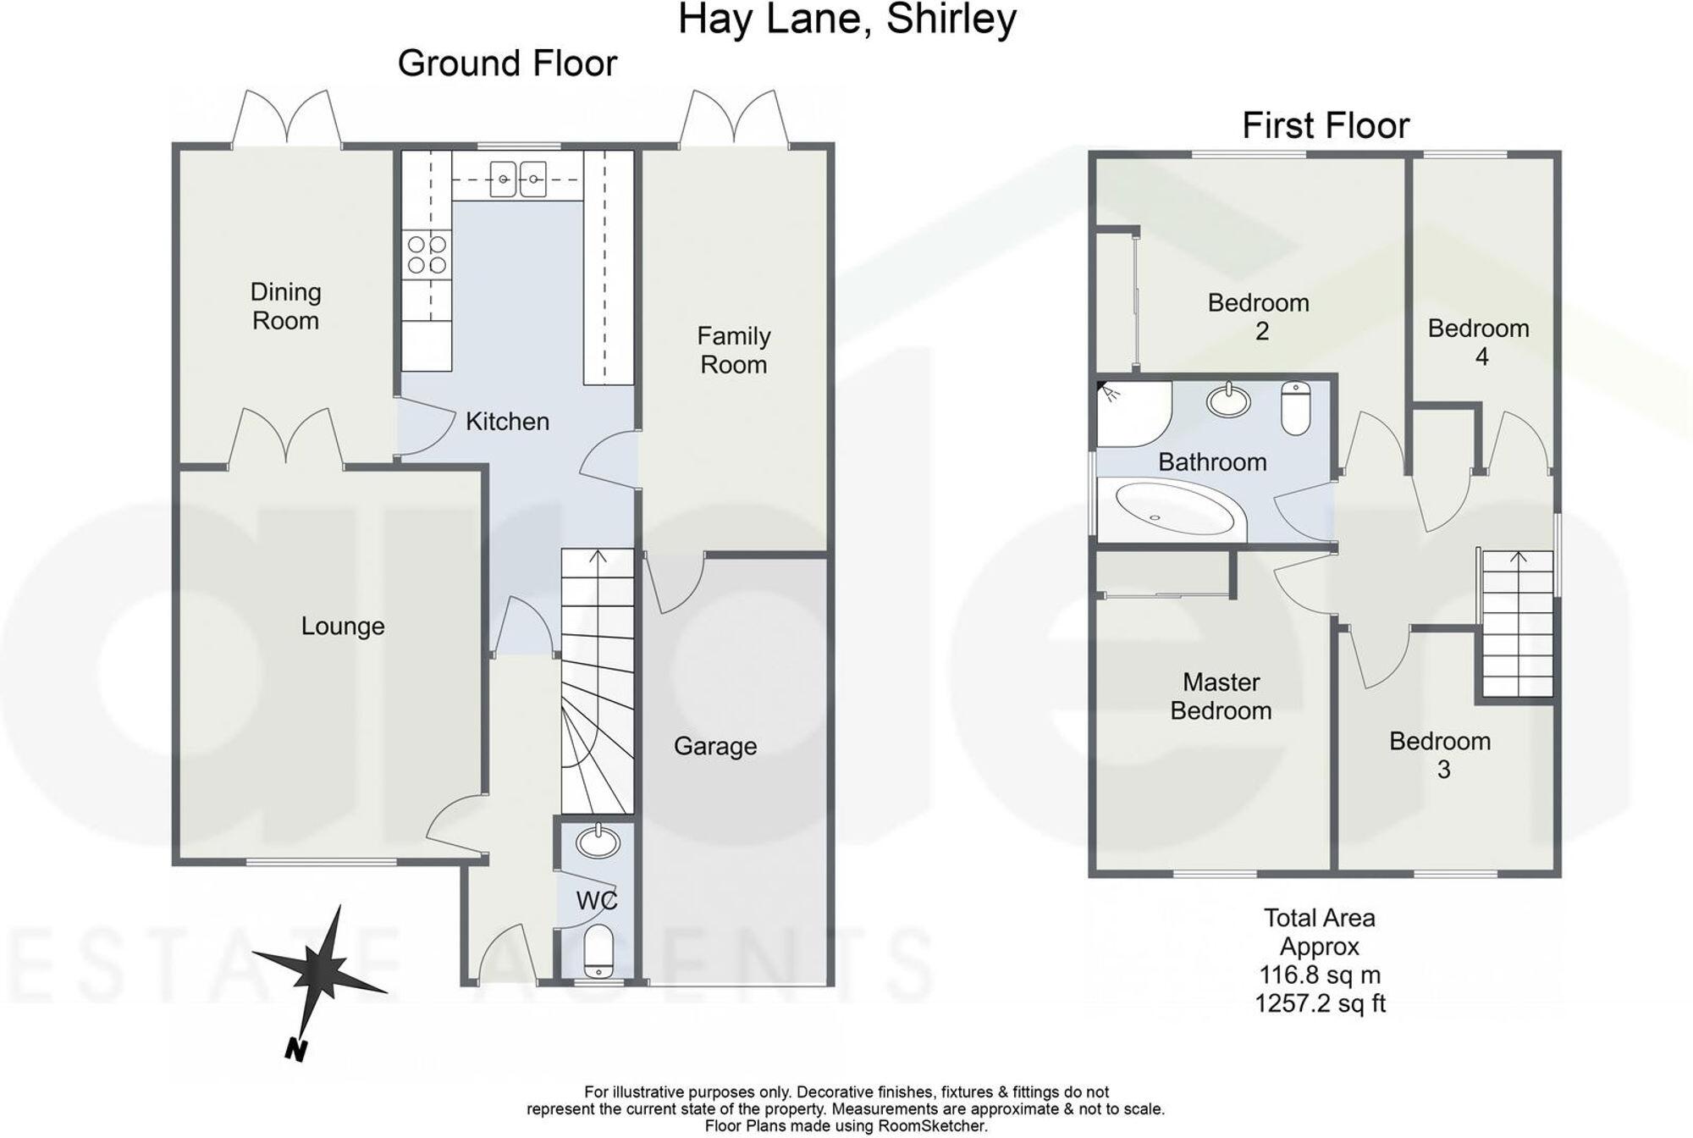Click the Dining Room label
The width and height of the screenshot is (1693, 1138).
click(285, 307)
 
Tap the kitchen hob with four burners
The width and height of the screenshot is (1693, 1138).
click(427, 255)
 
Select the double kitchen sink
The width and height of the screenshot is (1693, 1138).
click(518, 179)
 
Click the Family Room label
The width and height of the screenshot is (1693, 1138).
click(733, 351)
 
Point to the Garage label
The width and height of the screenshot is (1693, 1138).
click(714, 746)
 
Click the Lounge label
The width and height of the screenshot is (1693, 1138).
click(343, 627)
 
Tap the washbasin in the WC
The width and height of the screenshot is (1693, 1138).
click(598, 842)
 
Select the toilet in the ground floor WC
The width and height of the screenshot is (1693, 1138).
click(598, 949)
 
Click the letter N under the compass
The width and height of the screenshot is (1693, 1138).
click(295, 1050)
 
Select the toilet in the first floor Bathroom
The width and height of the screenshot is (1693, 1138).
click(1295, 408)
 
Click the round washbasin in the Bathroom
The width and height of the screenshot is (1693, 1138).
click(1228, 400)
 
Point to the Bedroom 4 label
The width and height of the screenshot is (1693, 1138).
click(1479, 342)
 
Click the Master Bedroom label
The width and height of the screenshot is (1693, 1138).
click(1221, 696)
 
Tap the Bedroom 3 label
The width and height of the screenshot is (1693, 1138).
click(1440, 755)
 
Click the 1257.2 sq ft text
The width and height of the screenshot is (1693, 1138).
click(1320, 1004)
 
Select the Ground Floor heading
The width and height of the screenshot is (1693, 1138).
click(507, 64)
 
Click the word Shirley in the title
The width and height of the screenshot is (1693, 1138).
click(951, 20)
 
